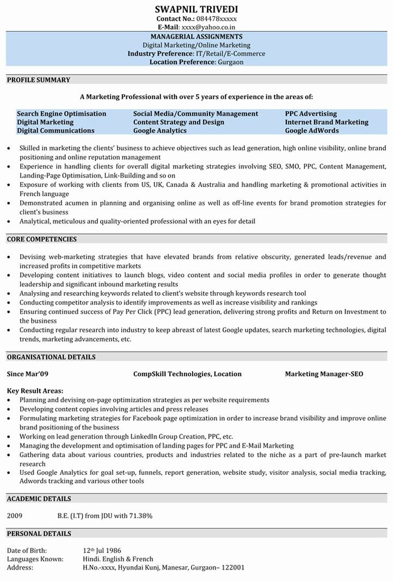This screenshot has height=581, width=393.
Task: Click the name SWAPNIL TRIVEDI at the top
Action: coord(196,9)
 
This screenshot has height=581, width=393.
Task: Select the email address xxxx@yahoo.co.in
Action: coord(209,27)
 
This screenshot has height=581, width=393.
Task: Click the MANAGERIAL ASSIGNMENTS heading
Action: coord(196,37)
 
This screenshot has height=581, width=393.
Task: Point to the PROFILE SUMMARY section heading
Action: coord(39,80)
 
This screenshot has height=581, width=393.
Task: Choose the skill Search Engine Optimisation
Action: coord(62,114)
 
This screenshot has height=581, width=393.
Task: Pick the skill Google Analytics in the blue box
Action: coord(160,131)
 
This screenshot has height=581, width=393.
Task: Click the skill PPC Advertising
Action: coord(311,114)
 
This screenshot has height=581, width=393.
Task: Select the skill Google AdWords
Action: coord(312,131)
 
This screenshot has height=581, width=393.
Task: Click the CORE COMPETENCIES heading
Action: coord(42,239)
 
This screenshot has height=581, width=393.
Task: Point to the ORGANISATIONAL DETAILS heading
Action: coord(51,357)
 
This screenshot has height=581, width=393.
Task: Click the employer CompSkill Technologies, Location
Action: coord(187,374)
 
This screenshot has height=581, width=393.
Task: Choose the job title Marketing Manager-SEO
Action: coord(324,374)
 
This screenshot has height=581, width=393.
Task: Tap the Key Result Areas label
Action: coord(35,391)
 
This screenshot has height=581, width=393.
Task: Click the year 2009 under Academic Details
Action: coord(15,515)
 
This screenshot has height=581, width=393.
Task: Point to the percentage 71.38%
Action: coord(140,515)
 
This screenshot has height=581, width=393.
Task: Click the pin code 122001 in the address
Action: coord(233,567)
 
